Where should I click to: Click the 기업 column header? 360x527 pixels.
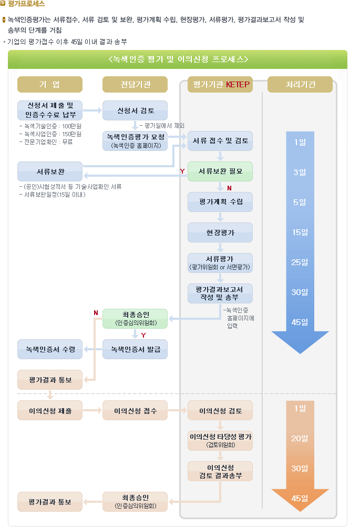point(50,84)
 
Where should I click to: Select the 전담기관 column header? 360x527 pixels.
point(135,84)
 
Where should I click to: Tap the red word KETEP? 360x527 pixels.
point(238,84)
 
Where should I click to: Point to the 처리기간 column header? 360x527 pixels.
point(300,84)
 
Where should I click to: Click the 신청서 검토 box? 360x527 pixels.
point(135,110)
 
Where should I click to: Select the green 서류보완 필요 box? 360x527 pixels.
point(220,171)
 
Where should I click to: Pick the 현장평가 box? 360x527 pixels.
point(220,232)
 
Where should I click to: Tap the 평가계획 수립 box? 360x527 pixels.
point(220,202)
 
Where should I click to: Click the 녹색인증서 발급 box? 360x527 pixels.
point(135,349)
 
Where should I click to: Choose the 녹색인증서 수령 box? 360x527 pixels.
point(50,349)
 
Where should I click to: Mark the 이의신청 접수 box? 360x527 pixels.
point(135,410)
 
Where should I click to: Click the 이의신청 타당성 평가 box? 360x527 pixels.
point(220,441)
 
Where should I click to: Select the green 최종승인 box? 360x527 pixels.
point(135,319)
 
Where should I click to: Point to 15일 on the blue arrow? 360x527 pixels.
point(300,232)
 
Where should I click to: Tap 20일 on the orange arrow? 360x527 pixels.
point(300,438)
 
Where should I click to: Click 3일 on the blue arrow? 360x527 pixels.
point(300,172)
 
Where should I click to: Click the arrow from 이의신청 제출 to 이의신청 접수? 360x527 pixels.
point(92,410)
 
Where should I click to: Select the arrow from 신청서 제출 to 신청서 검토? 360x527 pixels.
point(92,110)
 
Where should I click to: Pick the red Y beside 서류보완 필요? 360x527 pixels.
point(182,171)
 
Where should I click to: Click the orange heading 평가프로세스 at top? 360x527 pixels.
point(26,4)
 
